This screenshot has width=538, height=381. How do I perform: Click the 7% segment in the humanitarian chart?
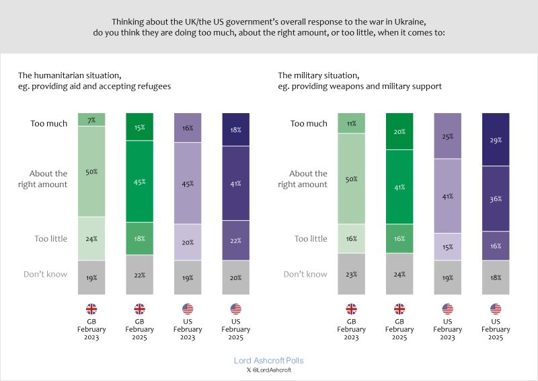coord(91,119)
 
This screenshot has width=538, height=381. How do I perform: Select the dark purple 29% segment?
coord(496,139)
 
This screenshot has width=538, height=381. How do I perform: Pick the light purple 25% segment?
coord(448,136)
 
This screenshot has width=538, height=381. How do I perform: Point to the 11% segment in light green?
coord(351,123)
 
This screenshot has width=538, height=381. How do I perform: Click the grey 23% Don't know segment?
coord(351,274)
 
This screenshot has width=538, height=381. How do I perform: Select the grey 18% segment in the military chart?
coord(496,278)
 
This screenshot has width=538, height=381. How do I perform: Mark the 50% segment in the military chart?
coord(351,178)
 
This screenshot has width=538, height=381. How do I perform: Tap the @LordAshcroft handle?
coord(272,370)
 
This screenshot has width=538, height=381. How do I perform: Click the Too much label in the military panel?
coord(309,124)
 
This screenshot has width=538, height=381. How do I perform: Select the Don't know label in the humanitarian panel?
coord(46,274)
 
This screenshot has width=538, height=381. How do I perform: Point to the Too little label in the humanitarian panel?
coord(50,239)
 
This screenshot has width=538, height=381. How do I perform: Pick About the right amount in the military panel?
coord(302,179)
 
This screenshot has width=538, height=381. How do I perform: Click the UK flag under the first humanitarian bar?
coord(91,310)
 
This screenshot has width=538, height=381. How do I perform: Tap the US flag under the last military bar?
coord(496,310)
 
